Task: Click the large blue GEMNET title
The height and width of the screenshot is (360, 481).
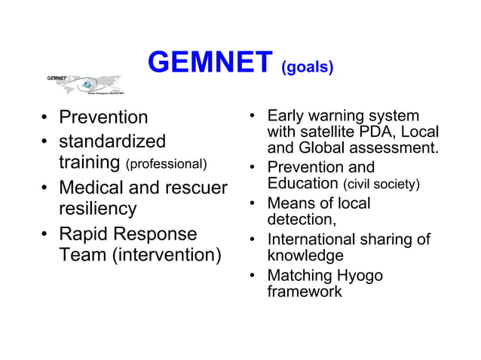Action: tap(210, 63)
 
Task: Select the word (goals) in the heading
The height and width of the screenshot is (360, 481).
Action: tap(307, 68)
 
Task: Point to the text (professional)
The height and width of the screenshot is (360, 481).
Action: tap(166, 164)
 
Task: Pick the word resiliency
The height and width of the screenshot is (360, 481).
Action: tap(98, 209)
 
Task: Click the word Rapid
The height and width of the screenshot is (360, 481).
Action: tap(84, 233)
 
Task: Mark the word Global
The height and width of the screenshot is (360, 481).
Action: tap(323, 148)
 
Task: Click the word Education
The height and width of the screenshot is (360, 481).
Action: tap(303, 184)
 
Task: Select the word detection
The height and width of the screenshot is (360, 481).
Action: tap(300, 220)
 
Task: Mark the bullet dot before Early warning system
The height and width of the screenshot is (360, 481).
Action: tap(254, 117)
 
